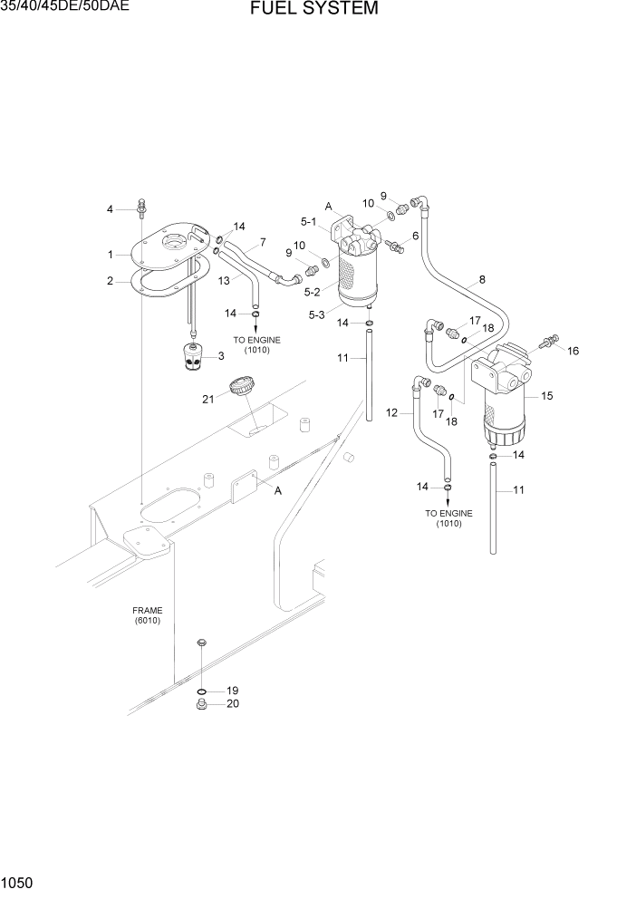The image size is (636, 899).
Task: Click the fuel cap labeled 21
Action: pos(241,387)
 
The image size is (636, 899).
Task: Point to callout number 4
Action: pos(110,209)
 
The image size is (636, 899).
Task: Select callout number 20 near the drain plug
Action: pos(232,704)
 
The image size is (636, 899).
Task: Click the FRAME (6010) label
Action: pos(147,616)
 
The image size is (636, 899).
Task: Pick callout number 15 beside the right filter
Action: pos(546,396)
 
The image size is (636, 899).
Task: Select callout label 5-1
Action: pos(308,222)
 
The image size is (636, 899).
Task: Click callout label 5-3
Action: pos(317,314)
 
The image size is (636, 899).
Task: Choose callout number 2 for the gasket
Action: pos(110,281)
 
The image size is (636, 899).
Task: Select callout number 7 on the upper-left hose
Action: pos(262,242)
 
